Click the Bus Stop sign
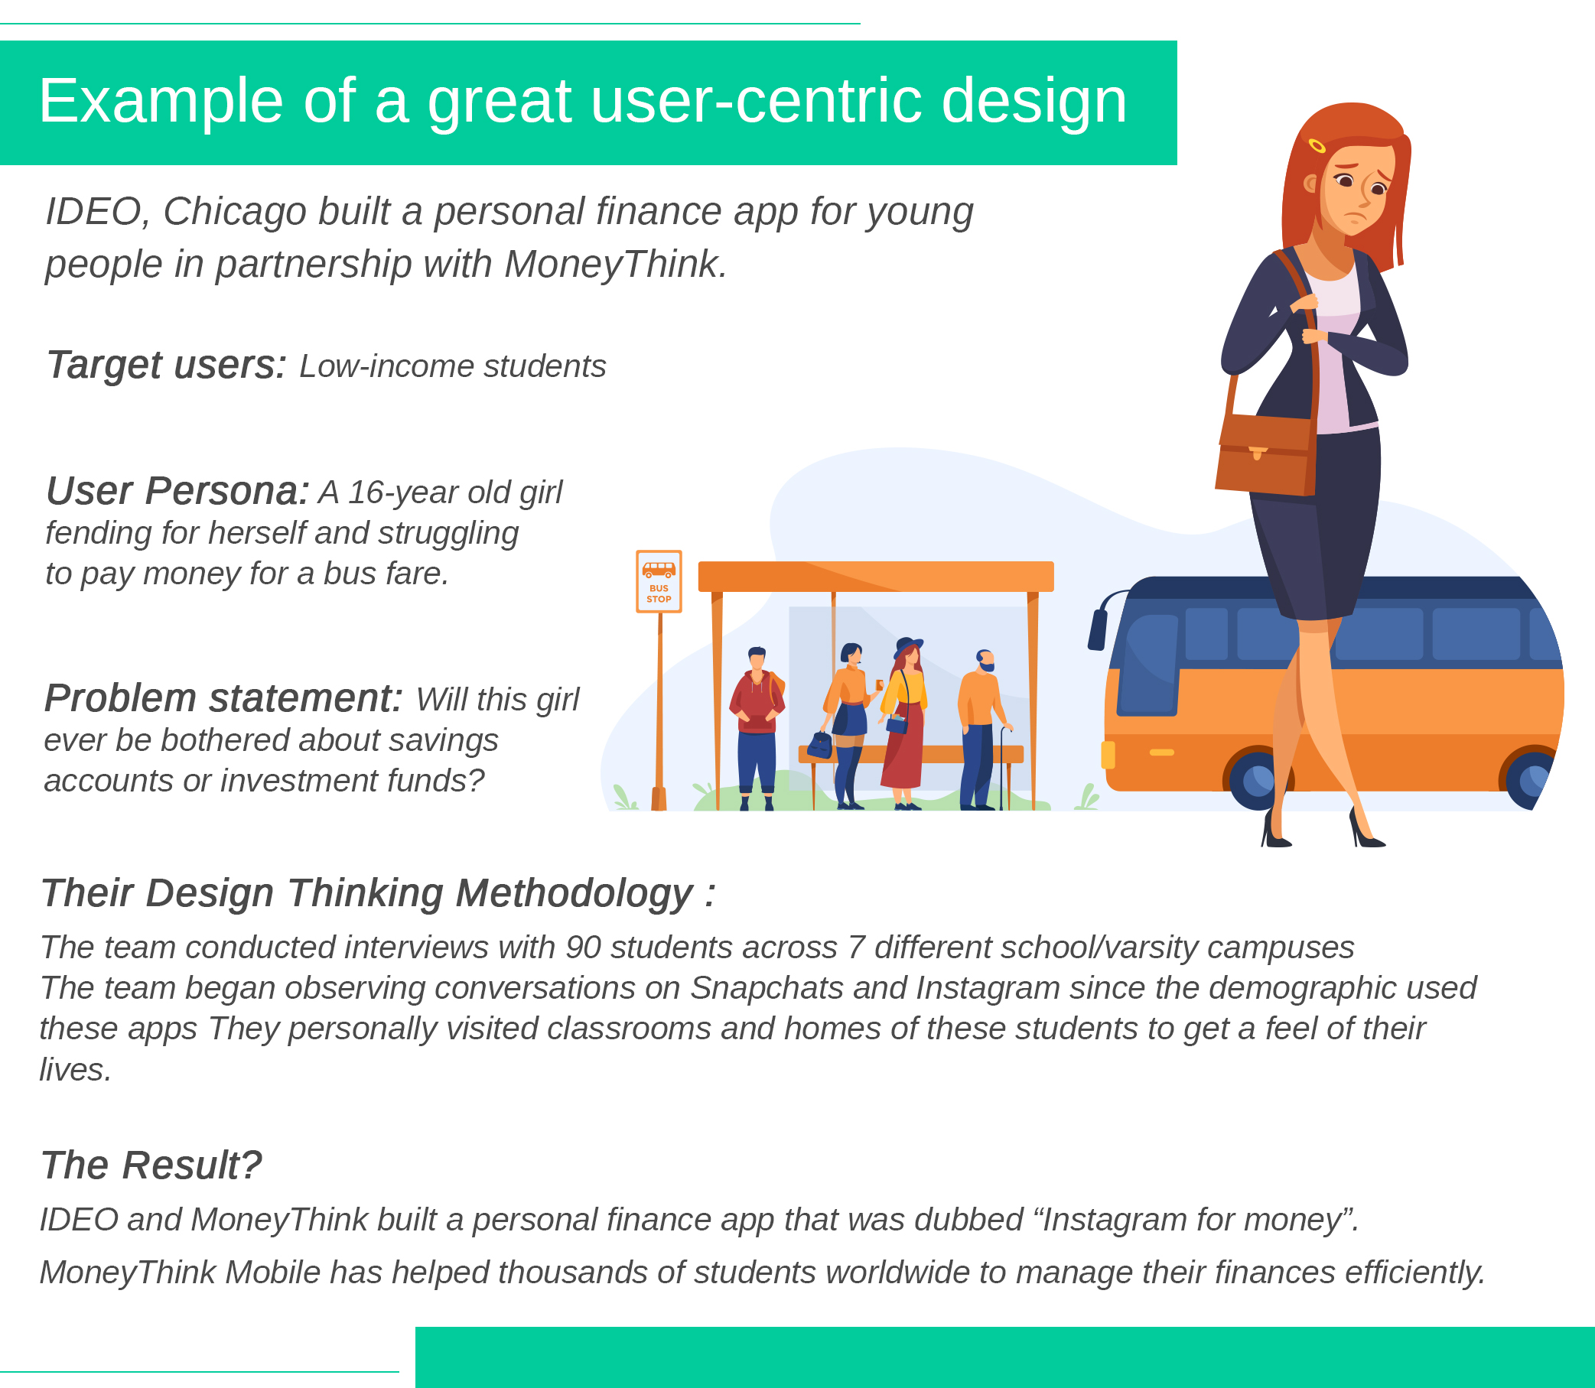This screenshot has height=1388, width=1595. (659, 581)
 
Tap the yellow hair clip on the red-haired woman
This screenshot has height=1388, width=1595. (1317, 145)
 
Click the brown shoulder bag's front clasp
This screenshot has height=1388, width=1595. (1257, 452)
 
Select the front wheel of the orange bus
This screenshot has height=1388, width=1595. (1256, 779)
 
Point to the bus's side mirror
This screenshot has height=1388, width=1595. (1098, 629)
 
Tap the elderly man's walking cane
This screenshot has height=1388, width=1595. (1004, 767)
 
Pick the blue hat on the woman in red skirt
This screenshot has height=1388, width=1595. (908, 646)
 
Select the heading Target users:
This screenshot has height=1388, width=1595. (167, 366)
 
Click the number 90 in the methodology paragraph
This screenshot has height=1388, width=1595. (584, 948)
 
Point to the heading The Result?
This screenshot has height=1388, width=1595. (151, 1165)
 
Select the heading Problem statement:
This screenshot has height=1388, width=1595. (224, 699)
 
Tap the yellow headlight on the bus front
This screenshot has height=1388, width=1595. (1108, 756)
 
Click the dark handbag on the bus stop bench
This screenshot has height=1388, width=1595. (819, 745)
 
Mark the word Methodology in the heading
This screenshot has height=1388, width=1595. (574, 894)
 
